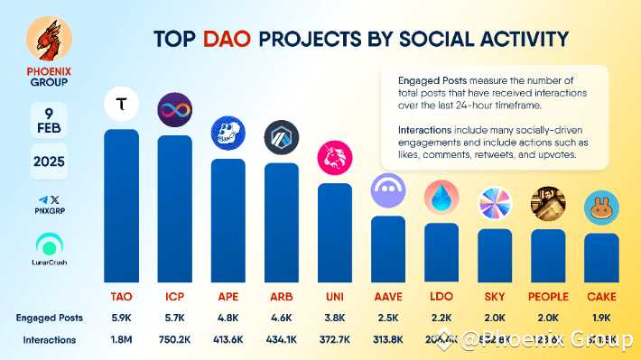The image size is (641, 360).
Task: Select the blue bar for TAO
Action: pos(122,208)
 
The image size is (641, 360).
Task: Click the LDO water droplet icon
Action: pos(441,198)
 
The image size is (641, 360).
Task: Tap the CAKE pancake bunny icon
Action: pos(601,209)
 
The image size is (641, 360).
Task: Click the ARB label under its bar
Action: pos(282,297)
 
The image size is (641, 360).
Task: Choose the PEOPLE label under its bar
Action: pos(548,297)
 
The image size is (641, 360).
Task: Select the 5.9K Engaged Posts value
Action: pos(122,318)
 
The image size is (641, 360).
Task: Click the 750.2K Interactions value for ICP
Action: pos(175,340)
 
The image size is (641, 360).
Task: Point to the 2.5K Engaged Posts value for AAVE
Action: pos(388,318)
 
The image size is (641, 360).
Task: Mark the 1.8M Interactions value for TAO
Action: pos(122,340)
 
